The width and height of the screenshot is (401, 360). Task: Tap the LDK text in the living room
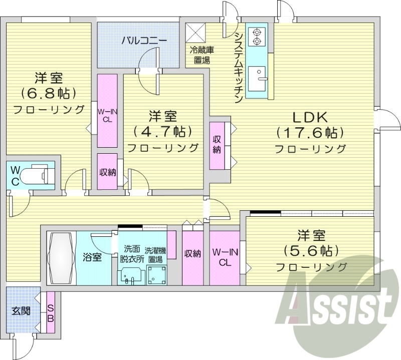310,118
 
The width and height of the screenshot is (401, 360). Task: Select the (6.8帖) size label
48,94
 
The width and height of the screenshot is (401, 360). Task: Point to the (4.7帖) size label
162,132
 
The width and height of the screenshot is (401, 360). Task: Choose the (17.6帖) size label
310,133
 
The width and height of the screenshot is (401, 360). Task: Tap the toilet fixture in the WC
38,174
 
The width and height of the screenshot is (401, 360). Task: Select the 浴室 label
92,257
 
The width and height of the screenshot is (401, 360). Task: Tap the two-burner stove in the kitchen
257,35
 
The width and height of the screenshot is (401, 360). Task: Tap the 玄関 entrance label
21,311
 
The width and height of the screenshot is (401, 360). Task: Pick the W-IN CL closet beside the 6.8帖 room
107,110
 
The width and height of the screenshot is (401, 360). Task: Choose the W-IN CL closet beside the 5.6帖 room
225,257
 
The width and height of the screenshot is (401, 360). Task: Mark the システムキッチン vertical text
239,65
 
